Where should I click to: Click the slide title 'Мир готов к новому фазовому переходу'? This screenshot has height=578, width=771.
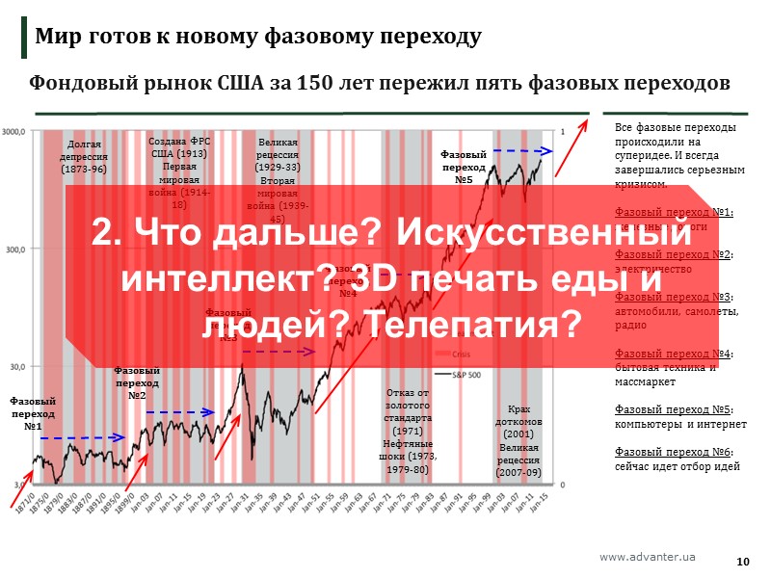[258, 38]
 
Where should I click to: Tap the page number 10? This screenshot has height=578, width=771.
[743, 562]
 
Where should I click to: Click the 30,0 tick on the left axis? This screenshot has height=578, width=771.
[19, 367]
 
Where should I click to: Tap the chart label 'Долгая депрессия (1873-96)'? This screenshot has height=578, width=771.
[83, 155]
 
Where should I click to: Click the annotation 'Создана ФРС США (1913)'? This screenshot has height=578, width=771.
[179, 146]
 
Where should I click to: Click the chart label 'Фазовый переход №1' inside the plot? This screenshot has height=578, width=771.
[33, 413]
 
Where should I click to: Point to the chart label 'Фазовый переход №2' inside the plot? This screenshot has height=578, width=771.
[137, 382]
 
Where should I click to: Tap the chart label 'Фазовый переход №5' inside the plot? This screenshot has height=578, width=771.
[463, 166]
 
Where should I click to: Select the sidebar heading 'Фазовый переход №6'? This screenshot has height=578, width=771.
[673, 452]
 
